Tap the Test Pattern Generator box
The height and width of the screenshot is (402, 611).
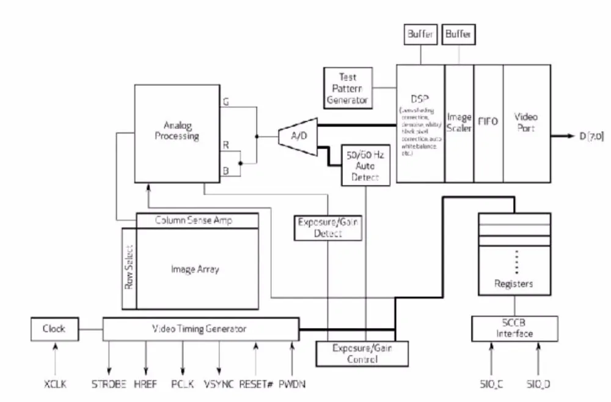click(x=347, y=87)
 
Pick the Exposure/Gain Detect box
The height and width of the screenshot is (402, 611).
click(x=327, y=226)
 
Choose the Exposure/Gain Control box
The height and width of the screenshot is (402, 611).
click(x=354, y=354)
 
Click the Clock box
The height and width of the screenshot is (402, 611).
click(x=54, y=329)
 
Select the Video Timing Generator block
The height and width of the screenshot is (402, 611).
click(x=200, y=329)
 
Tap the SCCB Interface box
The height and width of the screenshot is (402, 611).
click(x=514, y=329)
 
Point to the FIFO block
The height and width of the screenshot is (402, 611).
click(x=489, y=122)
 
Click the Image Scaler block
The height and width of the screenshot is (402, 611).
click(x=459, y=122)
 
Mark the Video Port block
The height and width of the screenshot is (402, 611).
click(x=526, y=122)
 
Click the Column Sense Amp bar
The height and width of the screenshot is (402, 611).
click(x=197, y=220)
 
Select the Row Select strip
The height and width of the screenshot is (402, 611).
click(x=129, y=269)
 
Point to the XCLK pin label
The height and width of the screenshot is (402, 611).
click(x=55, y=384)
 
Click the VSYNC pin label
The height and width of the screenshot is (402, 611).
click(x=218, y=384)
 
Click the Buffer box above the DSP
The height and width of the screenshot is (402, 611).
click(x=420, y=35)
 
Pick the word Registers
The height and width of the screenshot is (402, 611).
click(x=514, y=284)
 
